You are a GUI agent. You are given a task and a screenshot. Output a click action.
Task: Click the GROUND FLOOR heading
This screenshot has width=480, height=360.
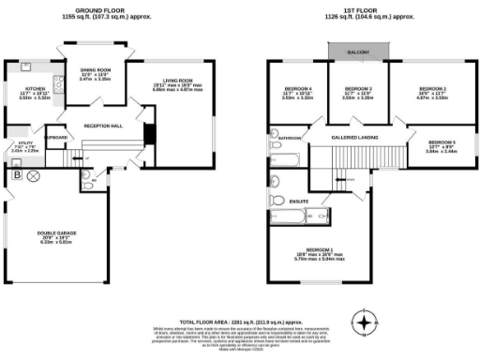click(x=107, y=11)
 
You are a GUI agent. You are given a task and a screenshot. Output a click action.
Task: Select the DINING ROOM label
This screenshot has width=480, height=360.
click(x=96, y=70)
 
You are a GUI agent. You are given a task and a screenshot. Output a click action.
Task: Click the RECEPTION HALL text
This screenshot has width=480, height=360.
click(x=103, y=125)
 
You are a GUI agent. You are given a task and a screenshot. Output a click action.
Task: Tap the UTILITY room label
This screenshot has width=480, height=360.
click(x=24, y=146)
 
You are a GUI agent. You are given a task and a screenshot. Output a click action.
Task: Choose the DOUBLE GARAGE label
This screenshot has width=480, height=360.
click(x=53, y=235)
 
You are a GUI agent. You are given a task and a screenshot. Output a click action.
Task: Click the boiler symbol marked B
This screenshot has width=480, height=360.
click(x=16, y=174)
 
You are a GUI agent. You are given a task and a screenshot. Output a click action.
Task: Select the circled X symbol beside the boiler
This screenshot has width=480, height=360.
click(x=34, y=175)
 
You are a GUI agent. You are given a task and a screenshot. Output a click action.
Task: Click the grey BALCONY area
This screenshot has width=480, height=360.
click(x=361, y=52)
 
